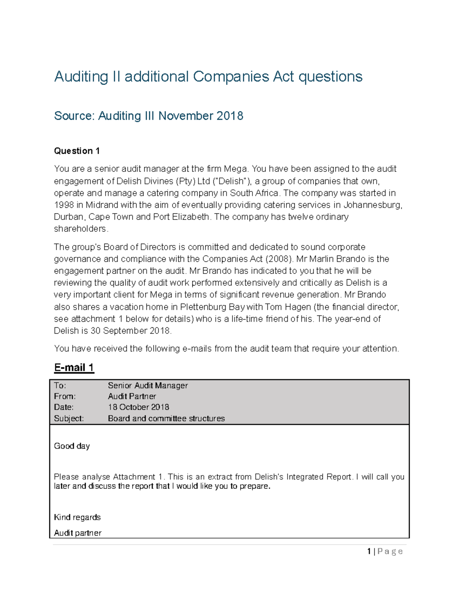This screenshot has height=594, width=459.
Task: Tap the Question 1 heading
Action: [x=77, y=151]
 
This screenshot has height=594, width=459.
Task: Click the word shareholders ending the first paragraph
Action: [x=81, y=229]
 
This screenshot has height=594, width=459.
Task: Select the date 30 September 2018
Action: [x=130, y=330]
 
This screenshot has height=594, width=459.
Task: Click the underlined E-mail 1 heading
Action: [x=74, y=368]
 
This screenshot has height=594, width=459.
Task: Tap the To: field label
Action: [x=60, y=386]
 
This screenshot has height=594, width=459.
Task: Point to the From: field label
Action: [x=65, y=396]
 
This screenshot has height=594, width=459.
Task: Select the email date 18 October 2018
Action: [x=138, y=407]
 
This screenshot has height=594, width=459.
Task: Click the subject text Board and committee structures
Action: [x=166, y=418]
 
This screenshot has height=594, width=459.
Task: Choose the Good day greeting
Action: [x=72, y=446]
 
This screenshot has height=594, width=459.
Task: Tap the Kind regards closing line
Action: [x=77, y=517]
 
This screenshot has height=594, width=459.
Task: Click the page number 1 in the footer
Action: [x=369, y=551]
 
